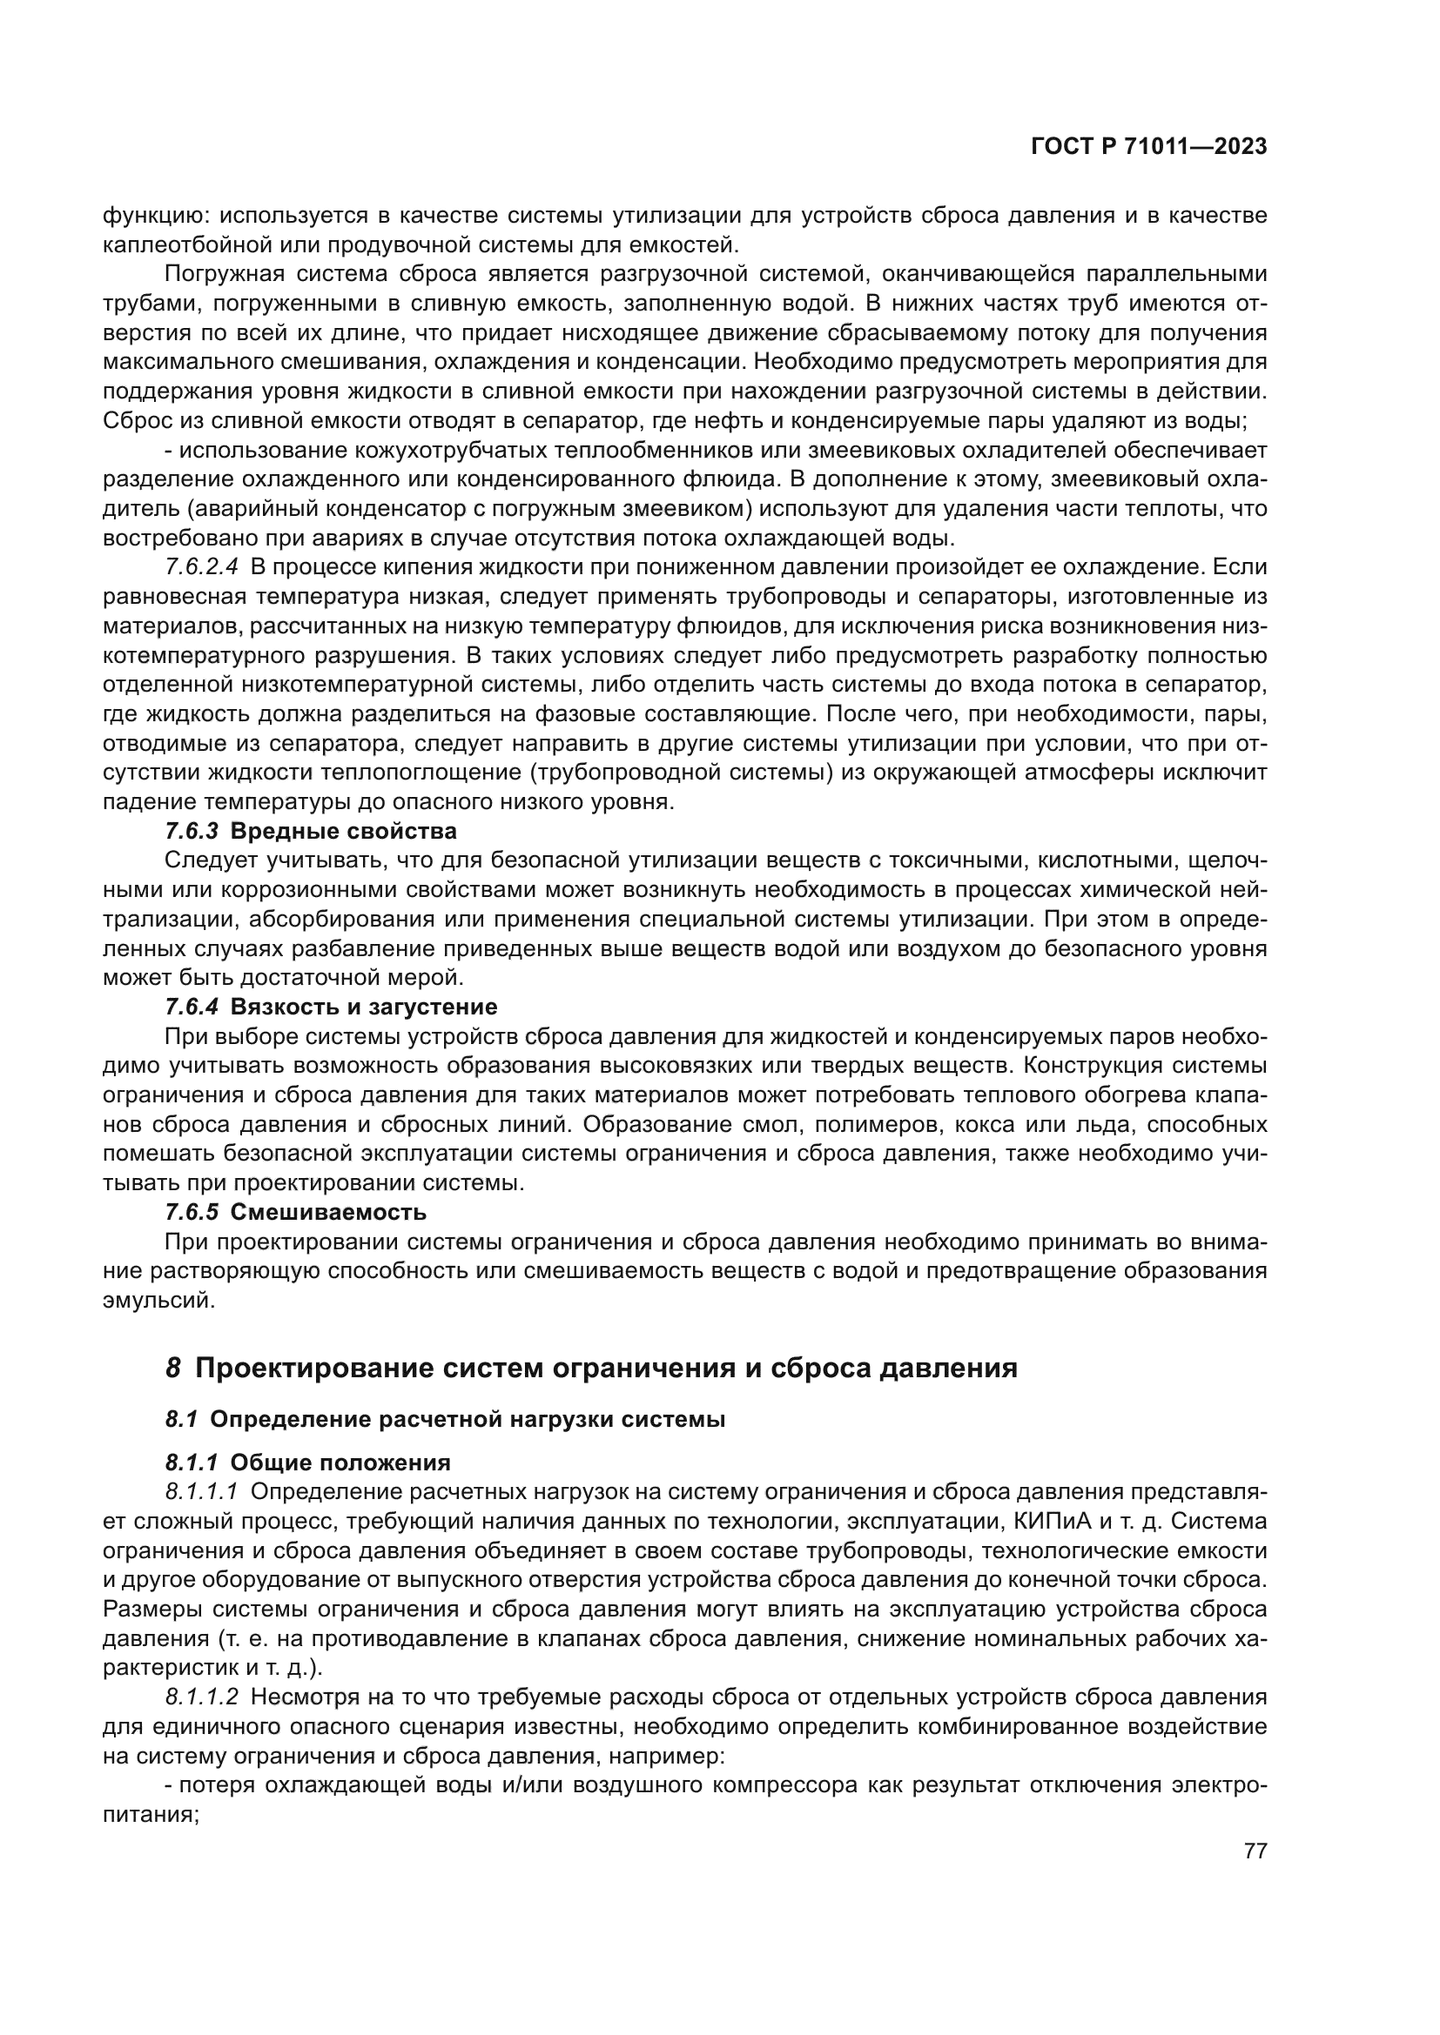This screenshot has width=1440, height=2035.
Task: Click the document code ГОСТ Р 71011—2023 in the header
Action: pyautogui.click(x=1148, y=147)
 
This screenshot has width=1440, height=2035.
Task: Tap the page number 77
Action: pyautogui.click(x=1255, y=1851)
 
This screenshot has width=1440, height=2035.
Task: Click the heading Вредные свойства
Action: pyautogui.click(x=343, y=832)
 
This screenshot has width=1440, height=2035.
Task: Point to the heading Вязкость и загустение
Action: pyautogui.click(x=364, y=1007)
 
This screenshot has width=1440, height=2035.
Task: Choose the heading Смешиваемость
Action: pyautogui.click(x=328, y=1212)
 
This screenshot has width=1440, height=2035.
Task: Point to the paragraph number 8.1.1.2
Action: pyautogui.click(x=201, y=1697)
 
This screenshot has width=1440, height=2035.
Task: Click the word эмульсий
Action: pyautogui.click(x=158, y=1300)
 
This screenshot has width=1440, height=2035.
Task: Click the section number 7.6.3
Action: pyautogui.click(x=192, y=832)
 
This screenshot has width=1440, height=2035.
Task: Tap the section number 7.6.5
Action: pyautogui.click(x=192, y=1212)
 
